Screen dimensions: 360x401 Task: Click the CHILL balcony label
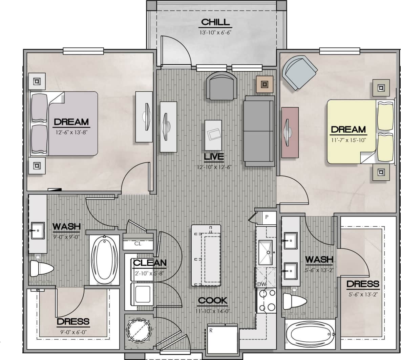coord(215,22)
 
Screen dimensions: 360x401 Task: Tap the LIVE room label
coord(214,157)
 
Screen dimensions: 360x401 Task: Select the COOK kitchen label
coord(212,300)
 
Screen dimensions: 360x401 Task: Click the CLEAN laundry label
coord(149,263)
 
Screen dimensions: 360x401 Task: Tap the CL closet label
coord(138,244)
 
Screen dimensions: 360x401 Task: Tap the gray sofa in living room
coord(259,131)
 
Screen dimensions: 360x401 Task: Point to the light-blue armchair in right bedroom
coord(299,72)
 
